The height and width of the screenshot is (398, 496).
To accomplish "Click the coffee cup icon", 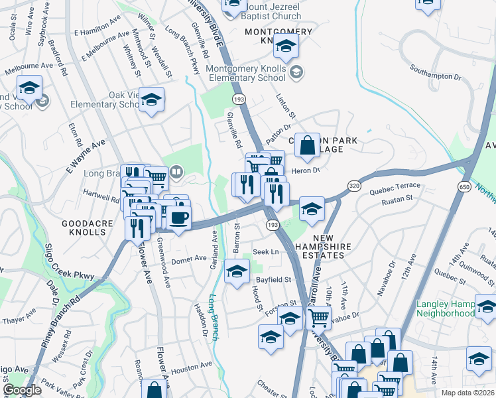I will [x=178, y=218].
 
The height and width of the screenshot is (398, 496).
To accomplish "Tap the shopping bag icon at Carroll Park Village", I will [x=308, y=145].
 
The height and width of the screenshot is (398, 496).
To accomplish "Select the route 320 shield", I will [x=354, y=187].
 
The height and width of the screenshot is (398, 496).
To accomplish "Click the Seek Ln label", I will [x=265, y=252].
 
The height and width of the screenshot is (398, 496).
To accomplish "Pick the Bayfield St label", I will [x=273, y=280].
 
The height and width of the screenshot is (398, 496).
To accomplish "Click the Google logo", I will [x=23, y=390].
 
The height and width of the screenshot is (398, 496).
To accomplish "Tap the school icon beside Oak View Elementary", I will [x=151, y=100].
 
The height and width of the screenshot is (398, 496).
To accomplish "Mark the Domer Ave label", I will [x=190, y=259].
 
